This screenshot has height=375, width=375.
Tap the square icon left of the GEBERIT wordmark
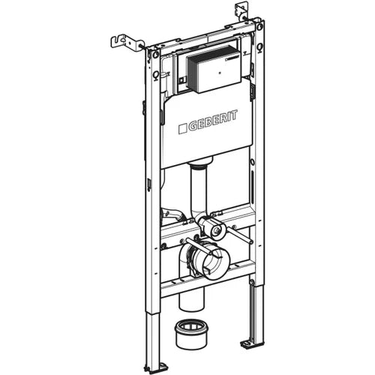tap(182, 128)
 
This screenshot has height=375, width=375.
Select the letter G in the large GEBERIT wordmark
tap(192, 127)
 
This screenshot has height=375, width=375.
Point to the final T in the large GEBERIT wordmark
tap(234, 115)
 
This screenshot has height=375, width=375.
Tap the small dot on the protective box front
tap(220, 73)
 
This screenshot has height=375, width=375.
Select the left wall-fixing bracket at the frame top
tap(125, 43)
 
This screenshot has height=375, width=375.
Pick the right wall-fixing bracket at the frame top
tap(242, 11)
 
